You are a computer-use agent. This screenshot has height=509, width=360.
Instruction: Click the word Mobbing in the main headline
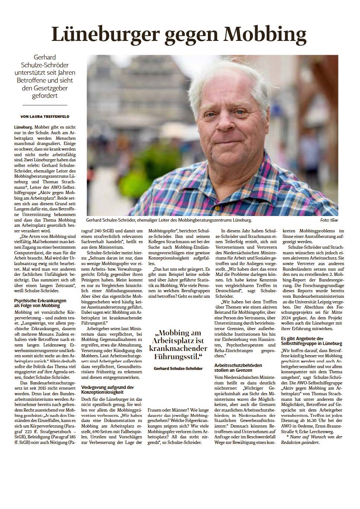pos(264,35)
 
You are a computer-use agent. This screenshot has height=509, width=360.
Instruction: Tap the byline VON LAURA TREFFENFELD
pos(45,116)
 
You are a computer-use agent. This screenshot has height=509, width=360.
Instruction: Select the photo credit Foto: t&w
pos(329,220)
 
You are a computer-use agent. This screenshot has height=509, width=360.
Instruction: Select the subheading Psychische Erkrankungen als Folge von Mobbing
pos(40,303)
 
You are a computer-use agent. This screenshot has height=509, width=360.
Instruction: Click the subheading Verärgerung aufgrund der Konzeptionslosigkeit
pos(107,390)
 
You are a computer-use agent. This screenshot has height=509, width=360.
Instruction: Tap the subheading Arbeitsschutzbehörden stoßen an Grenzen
pos(238,368)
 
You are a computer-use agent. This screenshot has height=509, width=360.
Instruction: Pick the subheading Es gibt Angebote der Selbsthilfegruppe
pos(308,341)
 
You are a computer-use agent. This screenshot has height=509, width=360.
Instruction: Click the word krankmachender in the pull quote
pos(178,348)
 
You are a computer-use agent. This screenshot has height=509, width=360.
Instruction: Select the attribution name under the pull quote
pos(178,368)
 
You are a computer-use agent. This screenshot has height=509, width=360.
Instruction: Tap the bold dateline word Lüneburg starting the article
pos(23,127)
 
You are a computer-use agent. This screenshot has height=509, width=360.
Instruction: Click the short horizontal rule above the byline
pos(45,106)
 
